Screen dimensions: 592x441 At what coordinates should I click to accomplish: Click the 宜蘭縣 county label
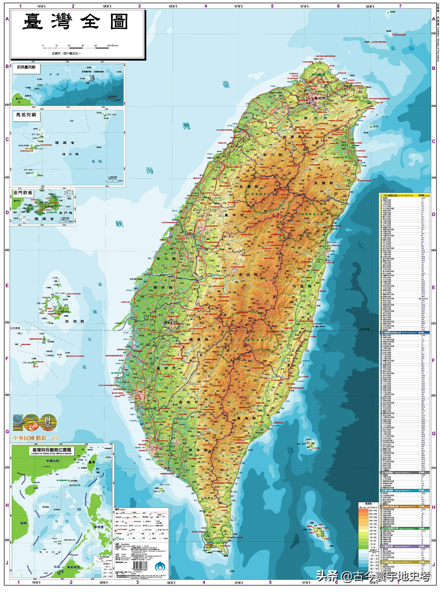323,183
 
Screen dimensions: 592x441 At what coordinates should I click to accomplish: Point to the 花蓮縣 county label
302,286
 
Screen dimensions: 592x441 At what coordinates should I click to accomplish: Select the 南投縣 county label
248,275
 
